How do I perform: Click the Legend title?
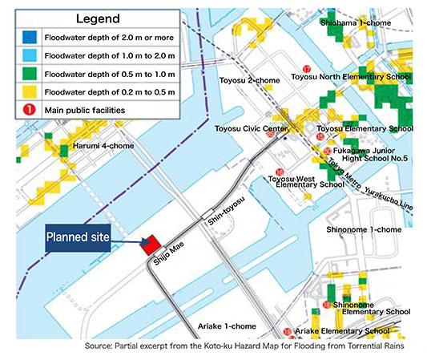pos(97,18)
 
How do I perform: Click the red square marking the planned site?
pos(148,245)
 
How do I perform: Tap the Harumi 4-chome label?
pos(102,146)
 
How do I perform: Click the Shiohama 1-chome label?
pos(357,23)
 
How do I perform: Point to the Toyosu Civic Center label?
pos(252,128)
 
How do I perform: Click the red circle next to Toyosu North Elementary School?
pos(308,69)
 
